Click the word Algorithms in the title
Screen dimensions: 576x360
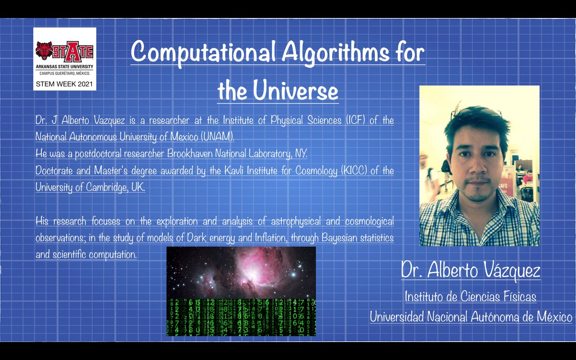tap(336, 53)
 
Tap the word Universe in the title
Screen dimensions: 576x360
tap(296, 90)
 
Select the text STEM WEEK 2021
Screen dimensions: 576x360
tap(64, 84)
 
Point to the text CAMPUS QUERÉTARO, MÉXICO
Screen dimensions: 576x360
tap(64, 73)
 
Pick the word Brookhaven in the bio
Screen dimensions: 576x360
tap(190, 153)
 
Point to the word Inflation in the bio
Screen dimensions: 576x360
tap(271, 238)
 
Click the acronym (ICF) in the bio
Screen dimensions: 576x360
tap(355, 120)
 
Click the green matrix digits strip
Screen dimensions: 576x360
tap(241, 317)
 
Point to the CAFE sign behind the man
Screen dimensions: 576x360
tap(503, 186)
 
